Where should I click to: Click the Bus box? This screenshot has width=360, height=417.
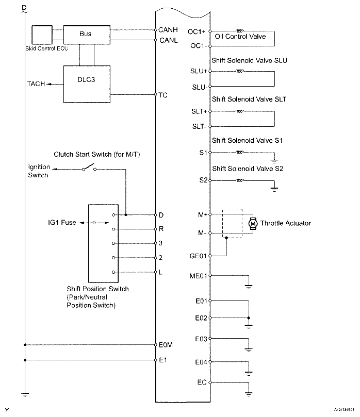[x=85, y=34]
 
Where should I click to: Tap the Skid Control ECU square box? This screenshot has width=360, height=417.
[x=42, y=35]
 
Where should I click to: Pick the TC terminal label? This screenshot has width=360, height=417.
[x=163, y=95]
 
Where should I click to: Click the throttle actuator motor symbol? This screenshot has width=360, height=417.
[x=253, y=223]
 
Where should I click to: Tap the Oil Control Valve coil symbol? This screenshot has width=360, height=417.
[x=240, y=31]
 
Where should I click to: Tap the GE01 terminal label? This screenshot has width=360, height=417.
[x=198, y=255]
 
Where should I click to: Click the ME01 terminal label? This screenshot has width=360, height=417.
[x=198, y=276]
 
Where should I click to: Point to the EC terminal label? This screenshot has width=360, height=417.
[x=202, y=382]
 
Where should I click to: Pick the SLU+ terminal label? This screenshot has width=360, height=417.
[x=199, y=71]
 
